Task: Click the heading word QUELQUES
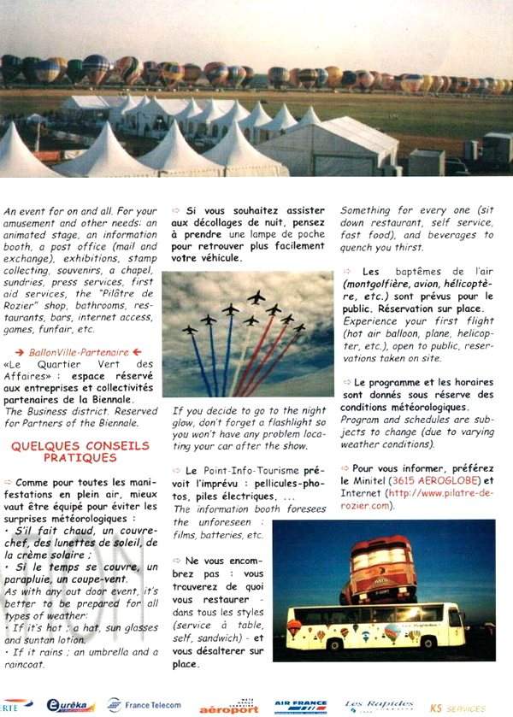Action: (41, 446)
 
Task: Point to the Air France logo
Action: (300, 707)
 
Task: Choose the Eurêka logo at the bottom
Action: (71, 705)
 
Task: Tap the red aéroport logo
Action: (228, 708)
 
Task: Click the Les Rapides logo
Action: (378, 705)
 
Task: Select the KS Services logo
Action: (457, 708)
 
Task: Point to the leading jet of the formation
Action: (256, 297)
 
